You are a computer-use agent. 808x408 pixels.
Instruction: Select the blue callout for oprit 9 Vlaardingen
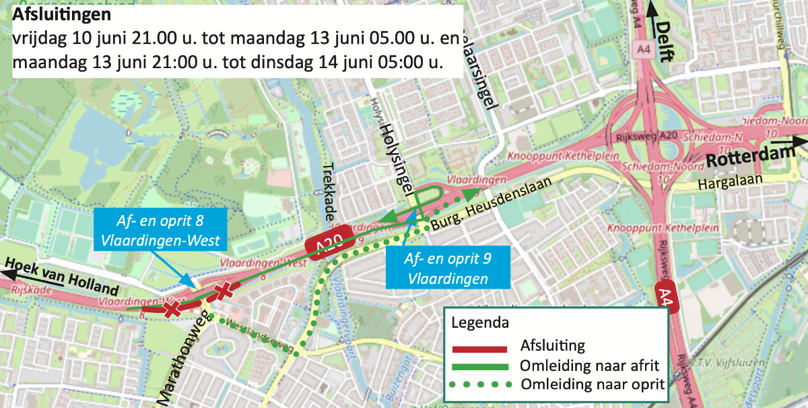447,268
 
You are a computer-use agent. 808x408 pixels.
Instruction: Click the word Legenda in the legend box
479,322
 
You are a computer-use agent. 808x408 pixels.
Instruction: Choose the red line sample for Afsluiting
479,349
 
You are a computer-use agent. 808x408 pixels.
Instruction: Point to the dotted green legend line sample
479,384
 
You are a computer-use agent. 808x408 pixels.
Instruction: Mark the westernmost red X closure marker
172,309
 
